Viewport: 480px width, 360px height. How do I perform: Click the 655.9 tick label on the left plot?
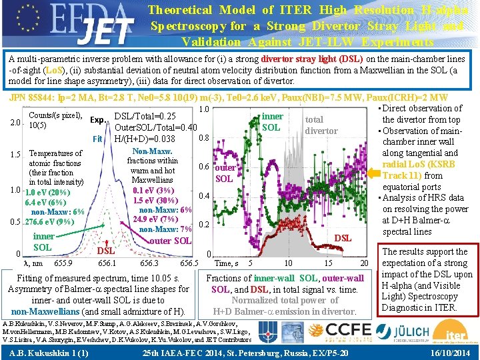(x=63, y=263)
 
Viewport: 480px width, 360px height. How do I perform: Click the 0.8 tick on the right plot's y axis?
(x=205, y=139)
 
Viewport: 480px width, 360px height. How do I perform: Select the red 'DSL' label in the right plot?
(x=343, y=238)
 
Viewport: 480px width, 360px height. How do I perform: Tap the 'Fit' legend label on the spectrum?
(x=97, y=139)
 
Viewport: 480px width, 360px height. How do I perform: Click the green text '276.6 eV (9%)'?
(x=50, y=222)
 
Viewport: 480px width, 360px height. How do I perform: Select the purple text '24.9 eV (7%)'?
(x=155, y=219)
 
